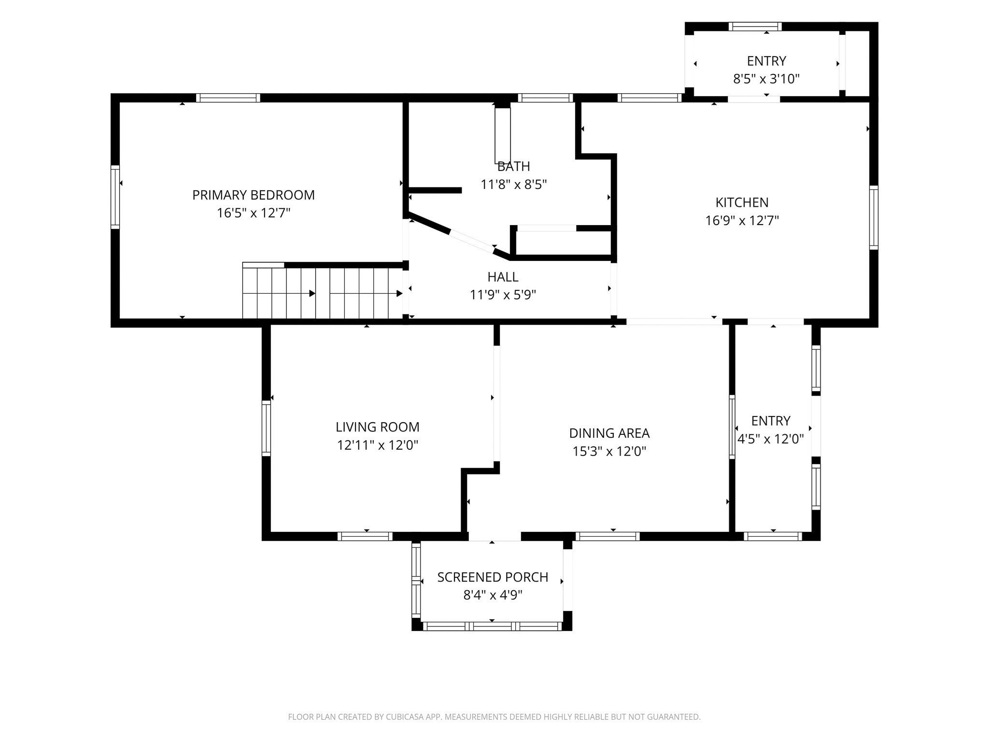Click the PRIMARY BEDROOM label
[254, 195]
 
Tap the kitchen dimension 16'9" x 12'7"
[742, 221]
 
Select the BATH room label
[514, 167]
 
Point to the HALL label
[503, 277]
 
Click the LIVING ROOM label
[378, 427]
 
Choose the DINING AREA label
[609, 433]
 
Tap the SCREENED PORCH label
[493, 577]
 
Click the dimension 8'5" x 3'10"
[766, 79]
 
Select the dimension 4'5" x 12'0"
[771, 439]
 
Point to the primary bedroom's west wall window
[115, 197]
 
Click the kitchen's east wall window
[874, 217]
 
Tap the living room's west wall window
[266, 428]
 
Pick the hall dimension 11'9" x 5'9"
[503, 295]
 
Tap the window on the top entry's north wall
[755, 27]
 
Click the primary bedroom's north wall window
[228, 98]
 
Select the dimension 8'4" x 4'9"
[493, 595]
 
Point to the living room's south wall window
[365, 536]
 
